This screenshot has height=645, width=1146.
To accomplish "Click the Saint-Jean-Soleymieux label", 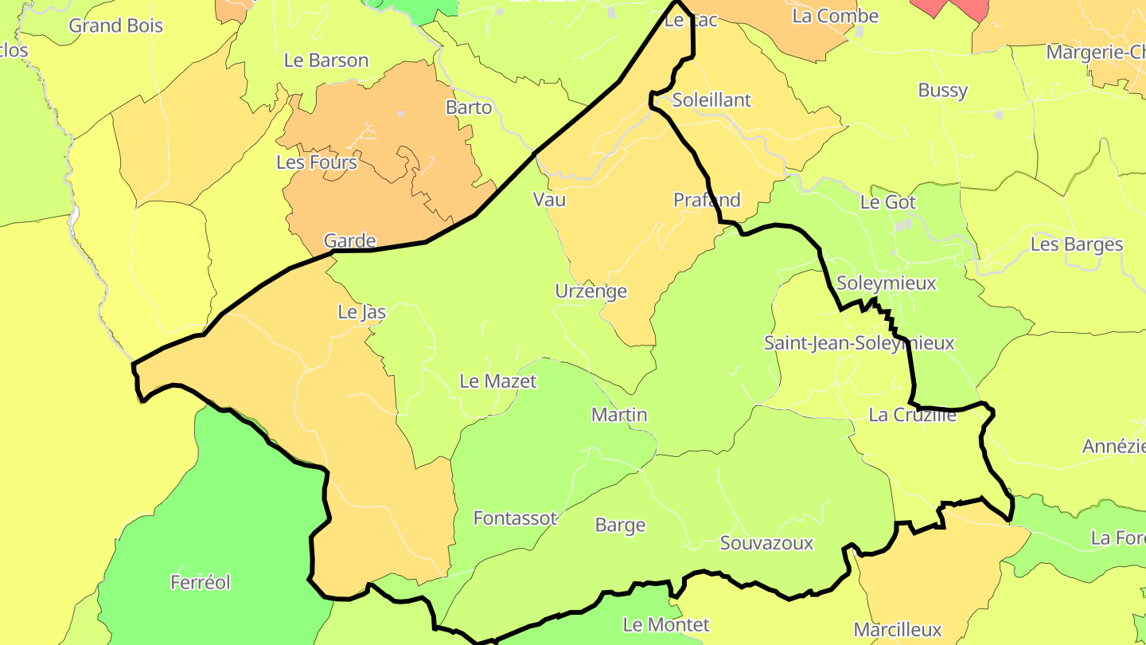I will coord(859,343).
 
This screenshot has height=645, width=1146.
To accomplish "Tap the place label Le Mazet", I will coord(498,381).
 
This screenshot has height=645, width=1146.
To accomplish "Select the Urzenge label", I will coord(591,291).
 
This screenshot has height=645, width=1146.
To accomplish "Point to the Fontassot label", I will coord(515,518).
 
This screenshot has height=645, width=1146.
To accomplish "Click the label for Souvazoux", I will coord(766,543).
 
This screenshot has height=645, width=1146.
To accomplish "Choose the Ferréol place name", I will coord(201,583).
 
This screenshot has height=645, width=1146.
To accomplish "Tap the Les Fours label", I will coord(317,162).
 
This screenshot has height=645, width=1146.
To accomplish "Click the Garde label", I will coord(349,240).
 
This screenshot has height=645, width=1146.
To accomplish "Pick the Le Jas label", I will coord(362,312).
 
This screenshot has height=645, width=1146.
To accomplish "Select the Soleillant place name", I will coord(711,100).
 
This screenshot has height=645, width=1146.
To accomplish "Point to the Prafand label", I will coord(707,200).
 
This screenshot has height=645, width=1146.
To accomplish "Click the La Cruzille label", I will coord(912,415).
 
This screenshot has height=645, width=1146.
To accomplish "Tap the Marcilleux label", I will coord(898,630).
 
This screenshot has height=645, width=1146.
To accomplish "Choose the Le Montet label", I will coord(666,624).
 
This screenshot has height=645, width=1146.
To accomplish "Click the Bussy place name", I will coord(942,90).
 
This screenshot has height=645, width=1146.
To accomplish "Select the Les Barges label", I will coord(1077,244).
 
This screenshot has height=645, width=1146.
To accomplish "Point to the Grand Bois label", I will coord(115,25).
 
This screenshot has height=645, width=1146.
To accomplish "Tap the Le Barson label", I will coord(326,61).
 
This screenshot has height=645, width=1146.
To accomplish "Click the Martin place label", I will coord(619,415).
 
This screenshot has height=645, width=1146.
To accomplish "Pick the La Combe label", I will coord(836,16).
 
